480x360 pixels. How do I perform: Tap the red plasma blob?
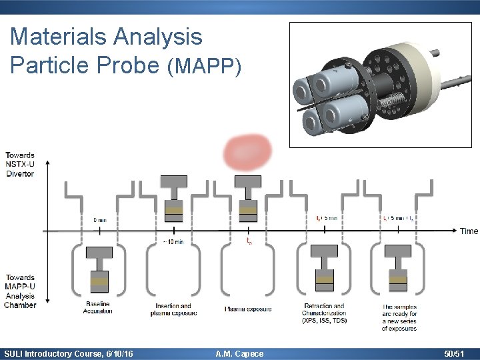(247, 152)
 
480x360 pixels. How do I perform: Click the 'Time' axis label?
(469, 231)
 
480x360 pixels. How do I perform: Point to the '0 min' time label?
(100, 219)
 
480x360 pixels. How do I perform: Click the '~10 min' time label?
(173, 241)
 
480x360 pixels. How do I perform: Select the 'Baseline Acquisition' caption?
(98, 308)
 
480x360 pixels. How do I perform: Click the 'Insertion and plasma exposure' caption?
(173, 310)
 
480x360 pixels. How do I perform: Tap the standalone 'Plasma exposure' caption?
(248, 309)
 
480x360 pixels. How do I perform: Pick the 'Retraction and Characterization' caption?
(324, 313)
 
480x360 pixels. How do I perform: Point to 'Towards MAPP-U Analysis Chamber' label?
(19, 291)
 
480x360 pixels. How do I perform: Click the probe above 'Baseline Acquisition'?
(99, 270)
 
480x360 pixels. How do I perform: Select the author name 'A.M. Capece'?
(240, 354)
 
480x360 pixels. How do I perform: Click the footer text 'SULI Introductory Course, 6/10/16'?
(68, 354)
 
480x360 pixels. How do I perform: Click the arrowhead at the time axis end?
(455, 231)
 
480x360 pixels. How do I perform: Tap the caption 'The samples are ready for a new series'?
(400, 317)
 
